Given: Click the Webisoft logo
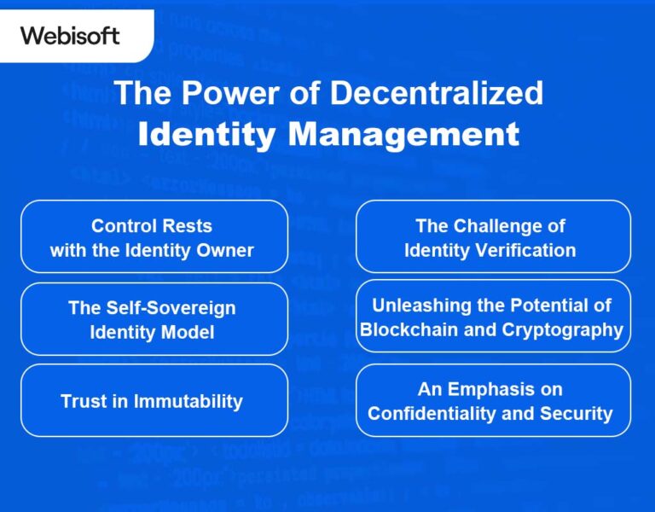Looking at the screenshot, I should tap(70, 36).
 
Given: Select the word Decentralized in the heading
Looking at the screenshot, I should tap(436, 93).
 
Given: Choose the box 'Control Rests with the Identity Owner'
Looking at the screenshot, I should tap(154, 237).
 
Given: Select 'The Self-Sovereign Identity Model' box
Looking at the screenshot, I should tap(154, 319).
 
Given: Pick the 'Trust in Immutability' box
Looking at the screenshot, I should tap(154, 400).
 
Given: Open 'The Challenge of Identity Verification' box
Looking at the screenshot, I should tap(492, 237).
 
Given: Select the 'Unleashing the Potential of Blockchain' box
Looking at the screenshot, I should tap(492, 316).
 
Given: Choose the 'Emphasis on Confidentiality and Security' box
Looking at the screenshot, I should tap(492, 400).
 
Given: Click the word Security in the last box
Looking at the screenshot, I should tap(580, 414).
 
